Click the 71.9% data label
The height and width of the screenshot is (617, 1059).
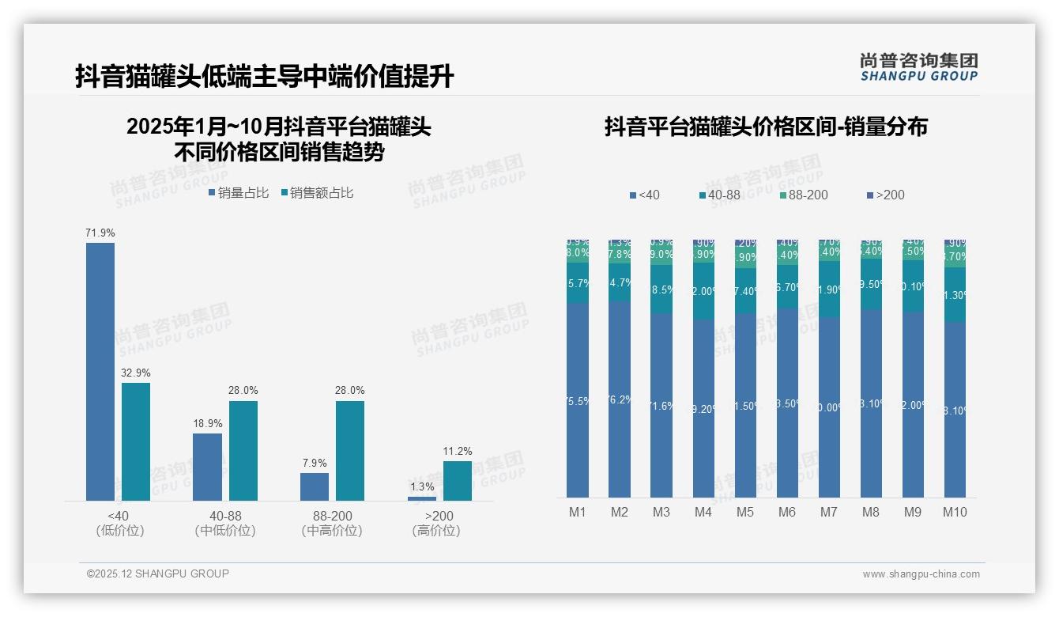[x=100, y=233]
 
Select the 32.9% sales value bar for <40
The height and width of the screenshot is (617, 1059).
[x=136, y=441]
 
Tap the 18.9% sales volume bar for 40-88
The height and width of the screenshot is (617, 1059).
[x=207, y=467]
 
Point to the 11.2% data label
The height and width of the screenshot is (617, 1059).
[x=458, y=452]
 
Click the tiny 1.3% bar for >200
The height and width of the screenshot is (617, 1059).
[x=422, y=498]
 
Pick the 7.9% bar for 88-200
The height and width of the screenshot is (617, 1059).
[x=315, y=486]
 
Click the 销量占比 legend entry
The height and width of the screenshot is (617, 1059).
[x=239, y=193]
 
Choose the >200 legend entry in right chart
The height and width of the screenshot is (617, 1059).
[x=885, y=195]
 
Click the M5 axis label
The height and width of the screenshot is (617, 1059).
[x=745, y=512]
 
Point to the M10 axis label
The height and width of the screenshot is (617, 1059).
[x=955, y=512]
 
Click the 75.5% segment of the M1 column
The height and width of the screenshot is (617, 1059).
[x=578, y=401]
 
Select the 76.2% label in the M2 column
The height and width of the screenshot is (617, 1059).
[x=620, y=399]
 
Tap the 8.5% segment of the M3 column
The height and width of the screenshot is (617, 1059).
[x=661, y=290]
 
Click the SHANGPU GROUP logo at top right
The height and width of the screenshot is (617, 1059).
[x=918, y=67]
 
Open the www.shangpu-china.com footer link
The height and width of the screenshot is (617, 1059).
[x=921, y=574]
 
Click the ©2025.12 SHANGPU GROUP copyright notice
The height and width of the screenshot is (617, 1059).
[x=158, y=573]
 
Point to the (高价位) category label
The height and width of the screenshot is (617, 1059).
[x=436, y=531]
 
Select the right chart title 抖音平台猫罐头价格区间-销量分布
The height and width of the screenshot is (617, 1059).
[x=766, y=127]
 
